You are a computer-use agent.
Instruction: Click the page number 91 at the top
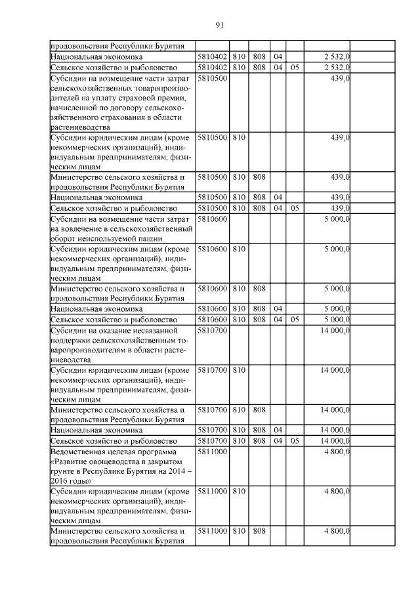point(219,25)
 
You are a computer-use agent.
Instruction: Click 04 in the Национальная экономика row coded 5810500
point(278,197)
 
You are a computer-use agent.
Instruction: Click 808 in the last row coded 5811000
point(259,531)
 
